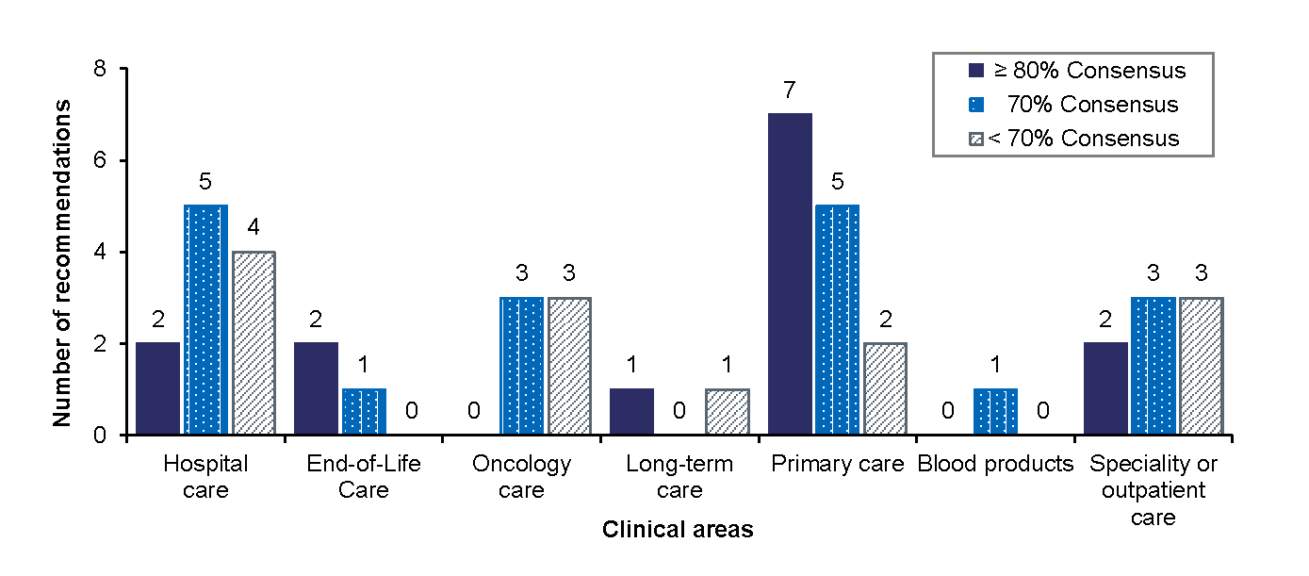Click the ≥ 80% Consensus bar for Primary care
pos(790,274)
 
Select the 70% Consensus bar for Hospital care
pos(205,320)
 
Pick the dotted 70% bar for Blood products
pos(994,412)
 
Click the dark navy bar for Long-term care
pos(631,412)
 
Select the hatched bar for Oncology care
pos(568,366)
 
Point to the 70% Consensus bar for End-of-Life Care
pos(363,412)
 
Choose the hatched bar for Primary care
pos(885,388)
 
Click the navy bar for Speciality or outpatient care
pos(1106,388)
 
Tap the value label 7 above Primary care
pos(790,91)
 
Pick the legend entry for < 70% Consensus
pos(1074,139)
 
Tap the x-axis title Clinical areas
pos(678,530)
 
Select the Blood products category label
pos(995,464)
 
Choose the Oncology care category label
pos(521,477)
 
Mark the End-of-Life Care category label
pos(364,477)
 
